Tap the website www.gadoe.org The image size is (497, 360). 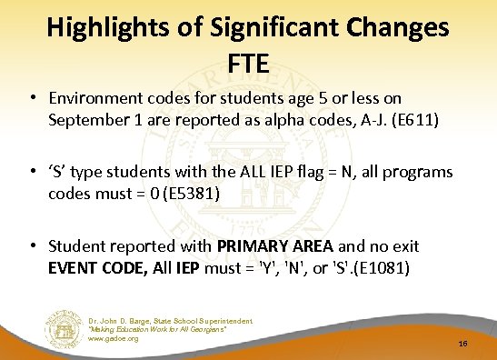114,338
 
